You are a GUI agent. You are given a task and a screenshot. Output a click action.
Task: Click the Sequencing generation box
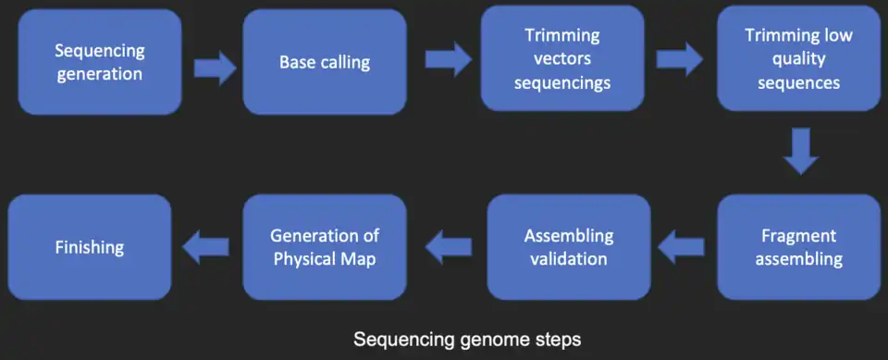[100, 62]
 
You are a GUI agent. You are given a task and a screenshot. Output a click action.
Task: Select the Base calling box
[325, 62]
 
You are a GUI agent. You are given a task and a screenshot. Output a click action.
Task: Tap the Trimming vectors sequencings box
[561, 58]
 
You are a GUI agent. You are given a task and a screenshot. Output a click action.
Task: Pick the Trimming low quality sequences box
[799, 58]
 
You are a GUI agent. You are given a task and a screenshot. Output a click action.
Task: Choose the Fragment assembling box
[799, 247]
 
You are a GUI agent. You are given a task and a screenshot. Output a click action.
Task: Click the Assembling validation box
[568, 247]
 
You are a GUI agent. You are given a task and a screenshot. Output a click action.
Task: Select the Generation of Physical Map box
[325, 247]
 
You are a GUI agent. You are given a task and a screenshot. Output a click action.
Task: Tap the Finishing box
[90, 247]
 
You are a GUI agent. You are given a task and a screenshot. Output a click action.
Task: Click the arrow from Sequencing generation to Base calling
[215, 68]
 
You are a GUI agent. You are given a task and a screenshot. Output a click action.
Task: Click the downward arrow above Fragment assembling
[801, 152]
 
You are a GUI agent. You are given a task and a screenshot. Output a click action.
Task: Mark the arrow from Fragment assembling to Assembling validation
[680, 246]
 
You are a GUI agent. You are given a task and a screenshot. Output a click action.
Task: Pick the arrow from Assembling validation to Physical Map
[448, 246]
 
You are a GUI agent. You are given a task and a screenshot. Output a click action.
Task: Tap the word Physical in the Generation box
[305, 258]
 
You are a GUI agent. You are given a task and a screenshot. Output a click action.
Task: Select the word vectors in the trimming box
[561, 59]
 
